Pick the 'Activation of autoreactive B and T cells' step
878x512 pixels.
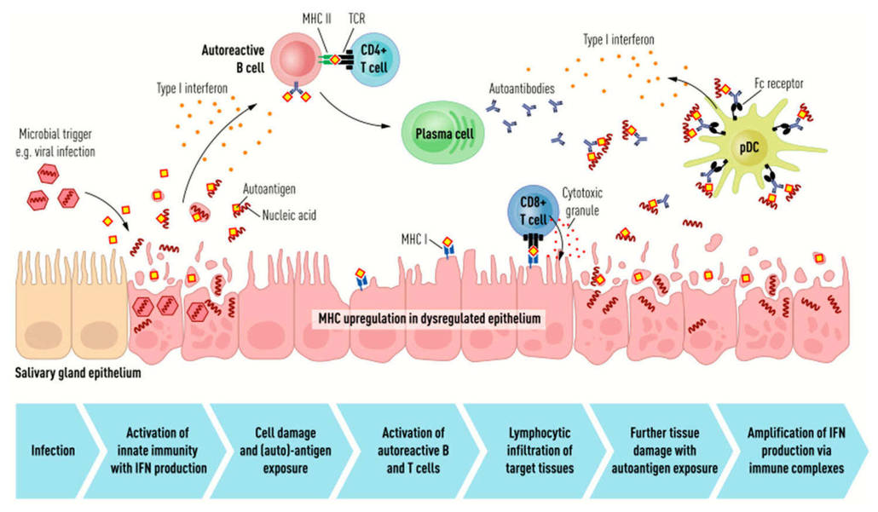pos(400,449)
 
